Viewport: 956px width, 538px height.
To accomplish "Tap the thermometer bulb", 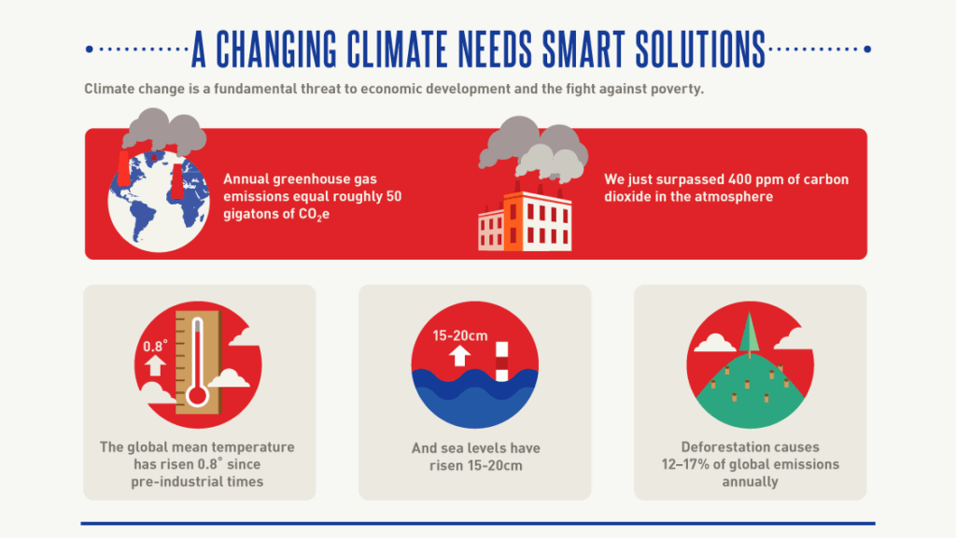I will (196, 394).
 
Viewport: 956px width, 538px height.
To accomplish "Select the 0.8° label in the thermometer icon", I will (154, 347).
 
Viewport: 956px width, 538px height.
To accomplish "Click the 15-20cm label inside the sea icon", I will (460, 336).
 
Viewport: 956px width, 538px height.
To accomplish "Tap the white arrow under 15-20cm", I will (458, 356).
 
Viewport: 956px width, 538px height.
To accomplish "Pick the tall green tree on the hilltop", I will (749, 333).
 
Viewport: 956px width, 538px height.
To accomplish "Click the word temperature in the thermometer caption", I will (258, 447).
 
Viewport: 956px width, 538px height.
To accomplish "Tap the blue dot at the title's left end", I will (89, 50).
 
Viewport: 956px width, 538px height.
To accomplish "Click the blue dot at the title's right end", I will (867, 50).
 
